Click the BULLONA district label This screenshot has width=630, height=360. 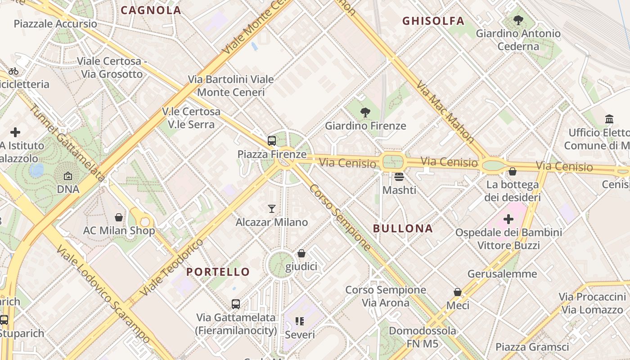403,229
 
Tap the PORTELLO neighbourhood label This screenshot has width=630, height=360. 218,272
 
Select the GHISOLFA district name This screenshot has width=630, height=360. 433,21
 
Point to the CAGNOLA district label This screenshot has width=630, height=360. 151,10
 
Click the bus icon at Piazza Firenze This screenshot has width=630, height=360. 272,141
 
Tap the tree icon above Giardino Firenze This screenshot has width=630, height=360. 365,112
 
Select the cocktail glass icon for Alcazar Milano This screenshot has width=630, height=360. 272,208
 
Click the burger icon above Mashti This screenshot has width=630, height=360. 399,176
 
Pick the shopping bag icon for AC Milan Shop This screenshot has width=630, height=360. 119,217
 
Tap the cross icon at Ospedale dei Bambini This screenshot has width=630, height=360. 508,219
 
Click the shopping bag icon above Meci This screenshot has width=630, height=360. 458,292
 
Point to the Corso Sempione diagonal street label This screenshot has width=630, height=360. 340,217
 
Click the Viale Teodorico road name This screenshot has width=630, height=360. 172,267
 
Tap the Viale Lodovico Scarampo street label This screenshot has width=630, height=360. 103,294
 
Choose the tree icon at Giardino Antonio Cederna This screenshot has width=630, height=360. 518,20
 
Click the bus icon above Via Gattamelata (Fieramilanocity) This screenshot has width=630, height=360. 236,304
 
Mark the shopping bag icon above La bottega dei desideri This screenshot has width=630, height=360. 512,171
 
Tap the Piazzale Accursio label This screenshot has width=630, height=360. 55,23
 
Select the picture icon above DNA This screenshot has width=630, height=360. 68,176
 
